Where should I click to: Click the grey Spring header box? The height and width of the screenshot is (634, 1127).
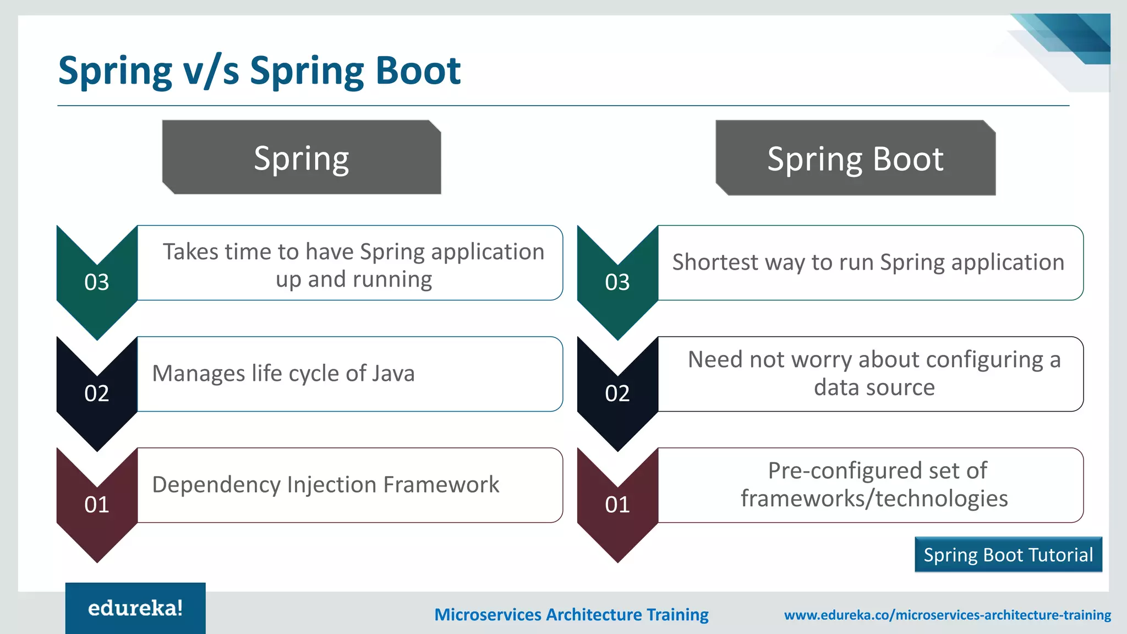pyautogui.click(x=302, y=157)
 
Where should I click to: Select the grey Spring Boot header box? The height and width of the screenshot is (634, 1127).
pyautogui.click(x=855, y=158)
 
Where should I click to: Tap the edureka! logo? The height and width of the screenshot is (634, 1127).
pyautogui.click(x=135, y=608)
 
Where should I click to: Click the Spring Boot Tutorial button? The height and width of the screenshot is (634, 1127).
pyautogui.click(x=1008, y=555)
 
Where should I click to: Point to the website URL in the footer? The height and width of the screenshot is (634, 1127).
pyautogui.click(x=947, y=615)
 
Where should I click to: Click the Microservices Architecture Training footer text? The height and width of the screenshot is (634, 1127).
pyautogui.click(x=571, y=615)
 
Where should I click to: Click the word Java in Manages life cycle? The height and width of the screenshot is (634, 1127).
pyautogui.click(x=393, y=373)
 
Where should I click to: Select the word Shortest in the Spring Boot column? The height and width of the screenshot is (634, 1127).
pyautogui.click(x=715, y=262)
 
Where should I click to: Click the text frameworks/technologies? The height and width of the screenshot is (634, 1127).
pyautogui.click(x=874, y=499)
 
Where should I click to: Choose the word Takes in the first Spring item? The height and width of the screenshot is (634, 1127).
pyautogui.click(x=191, y=252)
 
